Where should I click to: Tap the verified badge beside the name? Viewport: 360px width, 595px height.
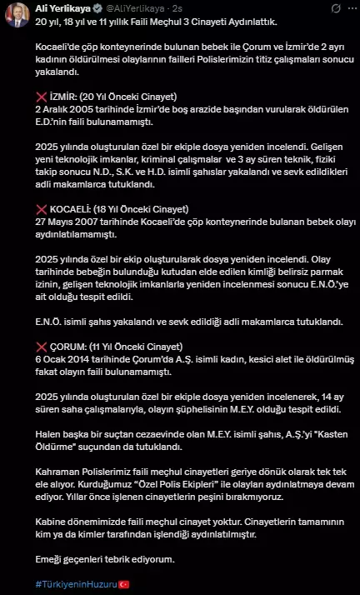click(102, 7)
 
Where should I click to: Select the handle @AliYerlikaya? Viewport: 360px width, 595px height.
click(138, 7)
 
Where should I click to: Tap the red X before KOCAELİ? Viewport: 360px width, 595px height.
click(41, 208)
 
